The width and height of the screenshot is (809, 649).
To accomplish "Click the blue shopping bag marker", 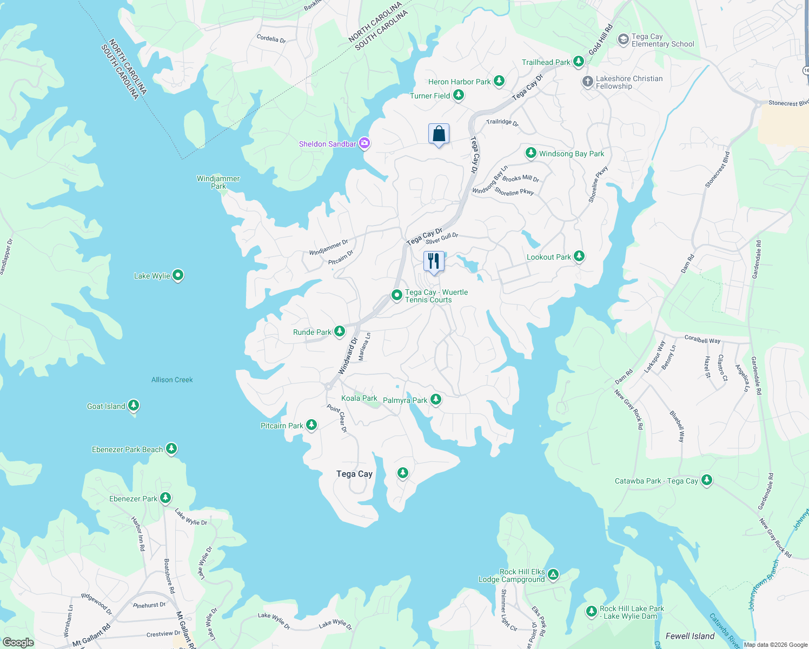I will coord(439,134).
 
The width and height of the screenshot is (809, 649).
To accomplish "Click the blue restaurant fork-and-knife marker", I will coord(433,262).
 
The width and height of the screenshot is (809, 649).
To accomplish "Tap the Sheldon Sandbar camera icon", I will coord(364,143).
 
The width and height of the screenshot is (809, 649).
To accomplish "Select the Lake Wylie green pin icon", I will coord(178,276).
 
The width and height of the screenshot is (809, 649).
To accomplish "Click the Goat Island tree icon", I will coord(134,406).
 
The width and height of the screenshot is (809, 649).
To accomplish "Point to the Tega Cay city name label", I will coord(354,474).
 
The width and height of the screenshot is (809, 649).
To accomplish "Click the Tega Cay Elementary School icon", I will coord(623,40).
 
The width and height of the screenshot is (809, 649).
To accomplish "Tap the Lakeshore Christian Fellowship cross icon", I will coord(587,82).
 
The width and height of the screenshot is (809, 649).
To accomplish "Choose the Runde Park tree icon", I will coord(340,332).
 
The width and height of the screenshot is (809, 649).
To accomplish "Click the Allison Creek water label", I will coord(172,380).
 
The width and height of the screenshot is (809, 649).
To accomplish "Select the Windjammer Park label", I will coord(218,182).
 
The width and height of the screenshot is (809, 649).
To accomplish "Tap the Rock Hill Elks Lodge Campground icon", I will coord(553,574).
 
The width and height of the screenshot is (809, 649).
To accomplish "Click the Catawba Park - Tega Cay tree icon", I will coord(706,480).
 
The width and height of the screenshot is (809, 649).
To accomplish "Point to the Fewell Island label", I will coord(689,636).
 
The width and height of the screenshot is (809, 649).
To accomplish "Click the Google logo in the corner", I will coord(18,642).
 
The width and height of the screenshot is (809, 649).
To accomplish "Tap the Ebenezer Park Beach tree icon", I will coord(171,449).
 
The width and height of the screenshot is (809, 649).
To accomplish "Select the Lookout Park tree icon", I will coord(579,256).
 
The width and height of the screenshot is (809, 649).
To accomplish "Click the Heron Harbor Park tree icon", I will coord(499,81).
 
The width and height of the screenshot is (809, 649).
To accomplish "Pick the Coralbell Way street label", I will coord(702,340).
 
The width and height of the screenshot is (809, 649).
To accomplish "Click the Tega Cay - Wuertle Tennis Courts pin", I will coord(396,295).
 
